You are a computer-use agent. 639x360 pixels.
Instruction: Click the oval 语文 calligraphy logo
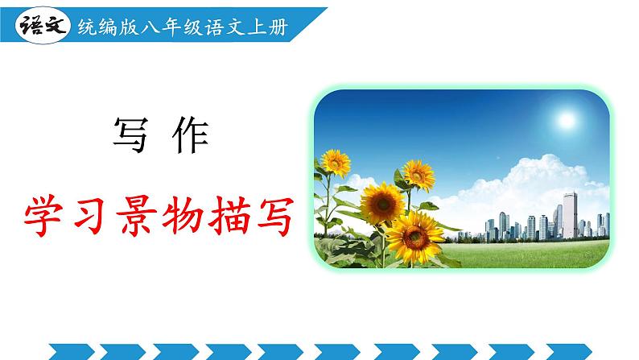pos(39,27)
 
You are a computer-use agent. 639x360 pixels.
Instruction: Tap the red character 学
pos(47,212)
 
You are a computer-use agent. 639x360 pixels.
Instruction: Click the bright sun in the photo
pos(566,120)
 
